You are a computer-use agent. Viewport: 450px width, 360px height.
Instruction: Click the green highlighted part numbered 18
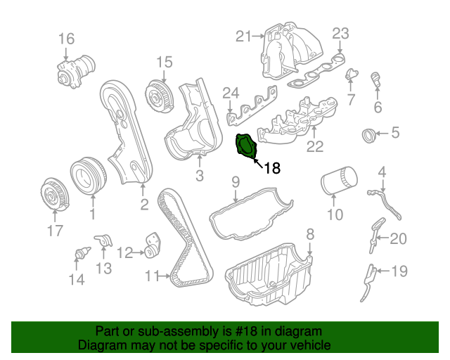point(245,146)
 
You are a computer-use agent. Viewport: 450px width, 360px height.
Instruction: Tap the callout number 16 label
point(65,38)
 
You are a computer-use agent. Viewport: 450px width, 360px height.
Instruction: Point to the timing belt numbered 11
point(184,239)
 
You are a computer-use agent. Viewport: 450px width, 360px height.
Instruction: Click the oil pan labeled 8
point(271,278)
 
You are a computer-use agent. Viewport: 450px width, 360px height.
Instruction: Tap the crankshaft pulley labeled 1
point(88,174)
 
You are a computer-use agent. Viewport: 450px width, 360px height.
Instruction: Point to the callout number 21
point(243,37)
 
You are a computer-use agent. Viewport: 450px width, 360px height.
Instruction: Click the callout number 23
point(340,33)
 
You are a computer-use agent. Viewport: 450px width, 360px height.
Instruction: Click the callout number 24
point(231,93)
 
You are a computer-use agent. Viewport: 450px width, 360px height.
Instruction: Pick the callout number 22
point(314,146)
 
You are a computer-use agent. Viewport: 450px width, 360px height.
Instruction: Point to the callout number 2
point(143,205)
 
